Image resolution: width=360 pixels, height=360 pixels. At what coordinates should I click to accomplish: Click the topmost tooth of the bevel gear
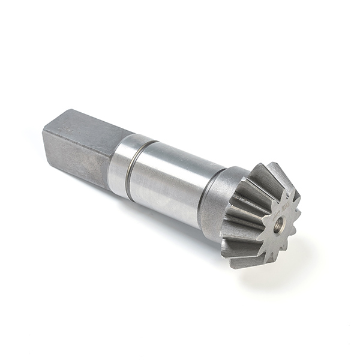[273, 171]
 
